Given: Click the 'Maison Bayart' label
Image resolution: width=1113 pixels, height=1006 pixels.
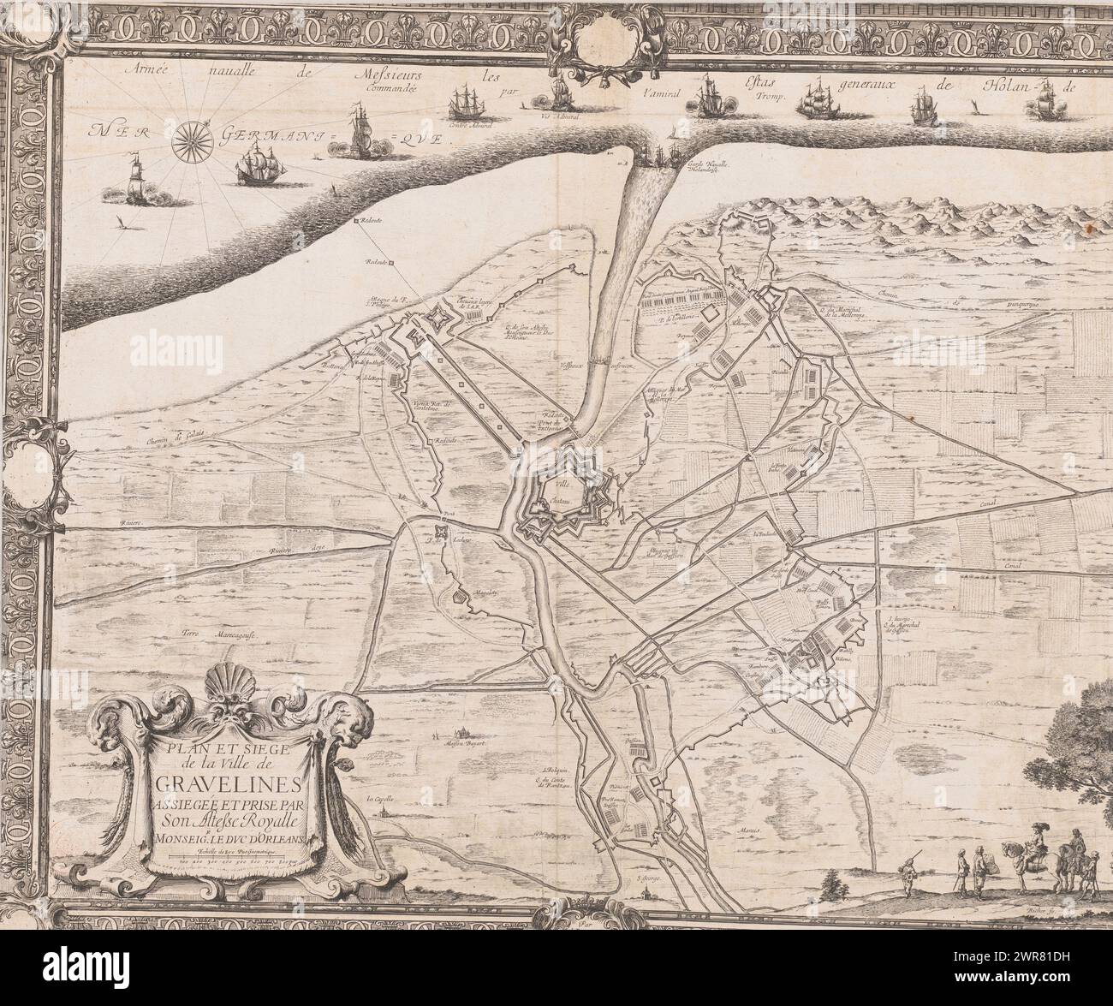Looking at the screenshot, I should click(460, 743).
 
